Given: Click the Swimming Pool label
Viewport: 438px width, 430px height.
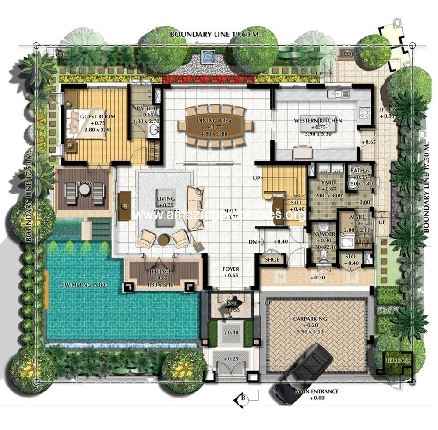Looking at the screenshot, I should click(85, 285).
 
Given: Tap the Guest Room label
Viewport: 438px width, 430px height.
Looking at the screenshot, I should click(92, 117).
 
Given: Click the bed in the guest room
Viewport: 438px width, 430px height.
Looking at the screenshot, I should click(86, 123).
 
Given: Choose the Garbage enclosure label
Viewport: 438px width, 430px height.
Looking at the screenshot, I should click(398, 360).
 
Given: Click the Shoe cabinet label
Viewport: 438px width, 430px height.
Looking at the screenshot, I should click(272, 259).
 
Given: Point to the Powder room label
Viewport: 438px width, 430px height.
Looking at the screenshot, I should click(324, 234).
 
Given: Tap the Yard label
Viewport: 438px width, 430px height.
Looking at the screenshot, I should click(328, 183).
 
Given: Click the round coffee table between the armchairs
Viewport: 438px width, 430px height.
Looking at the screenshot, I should click(163, 240).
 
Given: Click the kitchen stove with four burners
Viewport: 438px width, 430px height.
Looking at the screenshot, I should click(364, 112).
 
